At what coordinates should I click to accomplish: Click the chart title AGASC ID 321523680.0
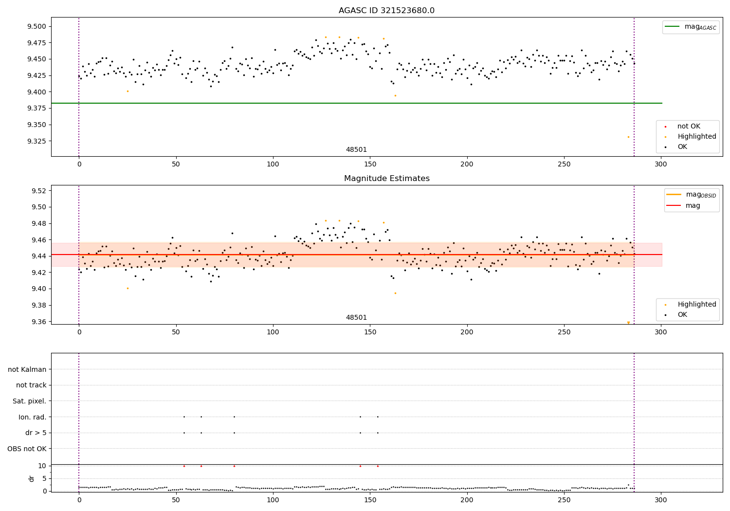(386, 11)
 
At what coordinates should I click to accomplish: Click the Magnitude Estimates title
(386, 179)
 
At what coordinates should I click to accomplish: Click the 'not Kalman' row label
(27, 369)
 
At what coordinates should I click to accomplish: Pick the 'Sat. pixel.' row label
(30, 401)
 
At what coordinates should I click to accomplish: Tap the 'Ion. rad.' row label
(33, 417)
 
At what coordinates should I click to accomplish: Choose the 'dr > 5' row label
(36, 433)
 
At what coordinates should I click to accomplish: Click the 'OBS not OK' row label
(27, 449)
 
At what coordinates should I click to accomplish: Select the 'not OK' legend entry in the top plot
(689, 127)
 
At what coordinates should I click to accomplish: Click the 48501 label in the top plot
(356, 150)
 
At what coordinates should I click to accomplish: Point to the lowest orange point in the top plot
(628, 137)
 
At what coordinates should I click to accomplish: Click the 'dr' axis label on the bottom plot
(32, 478)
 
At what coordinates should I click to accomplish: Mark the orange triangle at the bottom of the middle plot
(628, 323)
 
